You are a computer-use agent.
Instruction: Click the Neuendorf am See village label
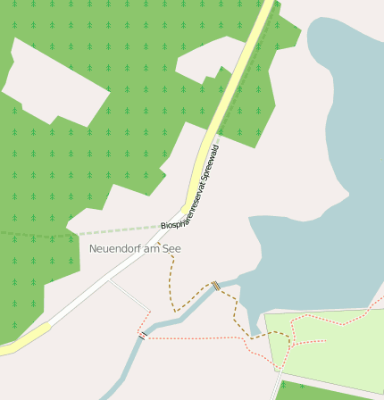[x=135, y=247]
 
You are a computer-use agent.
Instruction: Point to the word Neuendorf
[x=116, y=247]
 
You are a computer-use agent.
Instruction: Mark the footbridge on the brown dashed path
[x=216, y=286]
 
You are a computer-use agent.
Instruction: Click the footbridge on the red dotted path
[x=142, y=335]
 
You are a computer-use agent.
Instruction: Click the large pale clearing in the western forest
[x=58, y=80]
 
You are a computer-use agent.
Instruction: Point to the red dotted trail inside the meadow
[x=308, y=341]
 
